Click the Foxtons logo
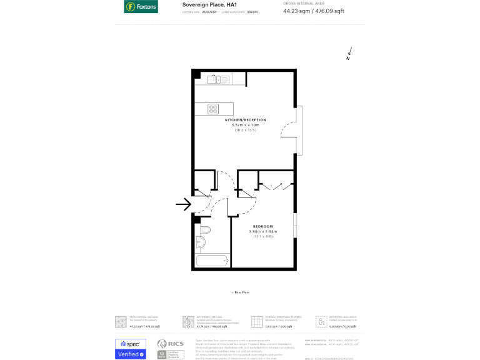[x=141, y=7]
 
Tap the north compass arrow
[x=349, y=54]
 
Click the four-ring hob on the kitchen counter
[x=213, y=108]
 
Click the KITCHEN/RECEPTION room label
[x=246, y=119]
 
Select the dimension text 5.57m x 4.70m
[x=246, y=125]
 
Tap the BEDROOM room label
[x=262, y=226]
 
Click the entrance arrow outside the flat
[x=183, y=204]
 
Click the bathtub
[x=212, y=261]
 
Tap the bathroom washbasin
[x=205, y=229]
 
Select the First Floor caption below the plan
[x=241, y=292]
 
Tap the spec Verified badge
[x=130, y=349]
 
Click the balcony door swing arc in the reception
[x=288, y=130]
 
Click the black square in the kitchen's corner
[x=196, y=74]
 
